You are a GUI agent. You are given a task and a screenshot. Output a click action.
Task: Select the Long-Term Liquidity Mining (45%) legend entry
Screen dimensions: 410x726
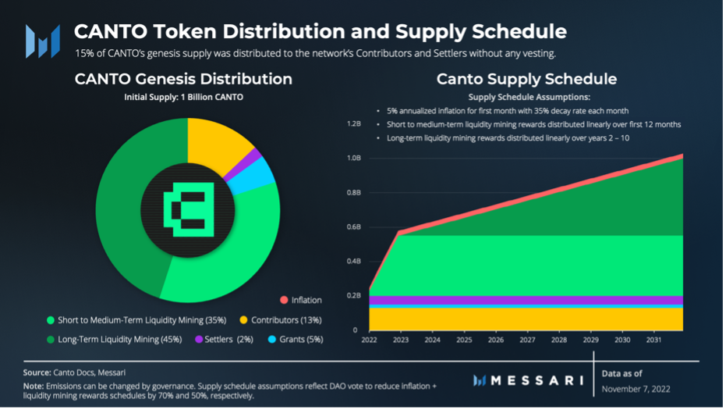click(x=114, y=339)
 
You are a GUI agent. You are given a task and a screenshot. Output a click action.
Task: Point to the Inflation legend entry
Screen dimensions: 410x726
click(x=300, y=300)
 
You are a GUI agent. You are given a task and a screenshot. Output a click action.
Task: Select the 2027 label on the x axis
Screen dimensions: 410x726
click(x=527, y=340)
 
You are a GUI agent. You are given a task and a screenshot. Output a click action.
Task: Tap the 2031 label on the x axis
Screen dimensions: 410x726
click(x=655, y=340)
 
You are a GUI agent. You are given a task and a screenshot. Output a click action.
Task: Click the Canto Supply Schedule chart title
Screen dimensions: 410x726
click(x=526, y=80)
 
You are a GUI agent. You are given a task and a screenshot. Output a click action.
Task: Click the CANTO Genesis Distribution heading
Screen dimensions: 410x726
click(x=183, y=80)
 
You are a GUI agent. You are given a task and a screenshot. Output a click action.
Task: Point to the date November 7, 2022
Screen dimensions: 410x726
click(x=636, y=388)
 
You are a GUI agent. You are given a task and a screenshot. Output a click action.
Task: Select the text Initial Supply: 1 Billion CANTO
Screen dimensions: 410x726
click(x=183, y=98)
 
